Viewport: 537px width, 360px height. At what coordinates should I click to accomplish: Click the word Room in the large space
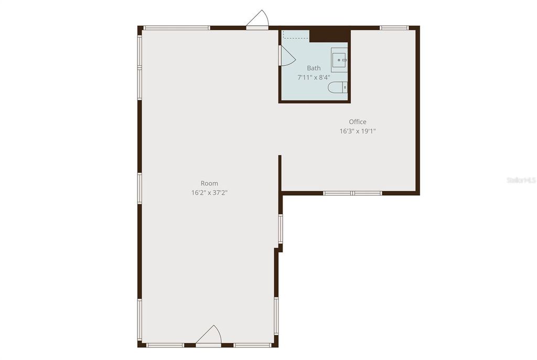coord(209,183)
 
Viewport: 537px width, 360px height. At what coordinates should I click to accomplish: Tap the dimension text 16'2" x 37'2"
coord(209,193)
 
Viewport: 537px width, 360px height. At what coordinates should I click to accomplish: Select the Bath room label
coord(314,68)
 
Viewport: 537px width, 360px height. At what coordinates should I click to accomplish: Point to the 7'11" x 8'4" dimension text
coord(314,77)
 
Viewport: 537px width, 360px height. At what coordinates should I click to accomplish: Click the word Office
coord(358,122)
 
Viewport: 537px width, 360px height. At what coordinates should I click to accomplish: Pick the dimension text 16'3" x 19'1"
coord(358,131)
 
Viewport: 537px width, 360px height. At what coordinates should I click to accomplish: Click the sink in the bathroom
coord(339,59)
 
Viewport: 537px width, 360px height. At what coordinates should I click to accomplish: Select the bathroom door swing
coord(287,56)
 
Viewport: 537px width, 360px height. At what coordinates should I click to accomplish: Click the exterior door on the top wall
coord(257,21)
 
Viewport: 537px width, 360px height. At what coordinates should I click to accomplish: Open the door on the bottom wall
coord(209,337)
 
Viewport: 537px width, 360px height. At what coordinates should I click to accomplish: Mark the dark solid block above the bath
coord(329,35)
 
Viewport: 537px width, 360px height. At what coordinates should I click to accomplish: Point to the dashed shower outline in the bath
coord(296,35)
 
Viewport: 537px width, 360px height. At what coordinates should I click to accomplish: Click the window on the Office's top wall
coord(394,27)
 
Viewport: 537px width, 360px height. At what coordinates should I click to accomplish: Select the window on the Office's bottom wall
coord(352,193)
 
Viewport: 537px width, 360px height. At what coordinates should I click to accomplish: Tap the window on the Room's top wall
coord(176,28)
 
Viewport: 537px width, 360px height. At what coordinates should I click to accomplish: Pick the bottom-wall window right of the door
coord(253,345)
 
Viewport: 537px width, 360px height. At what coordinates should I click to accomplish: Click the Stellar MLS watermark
coord(521,179)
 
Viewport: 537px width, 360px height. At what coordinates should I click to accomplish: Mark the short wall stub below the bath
coord(280,171)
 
